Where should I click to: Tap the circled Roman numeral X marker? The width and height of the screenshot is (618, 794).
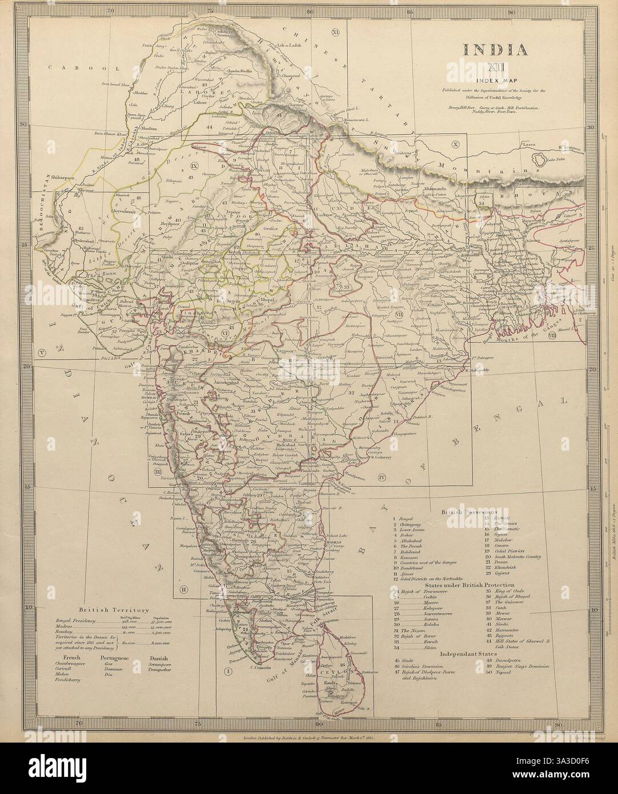[x=455, y=145]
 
